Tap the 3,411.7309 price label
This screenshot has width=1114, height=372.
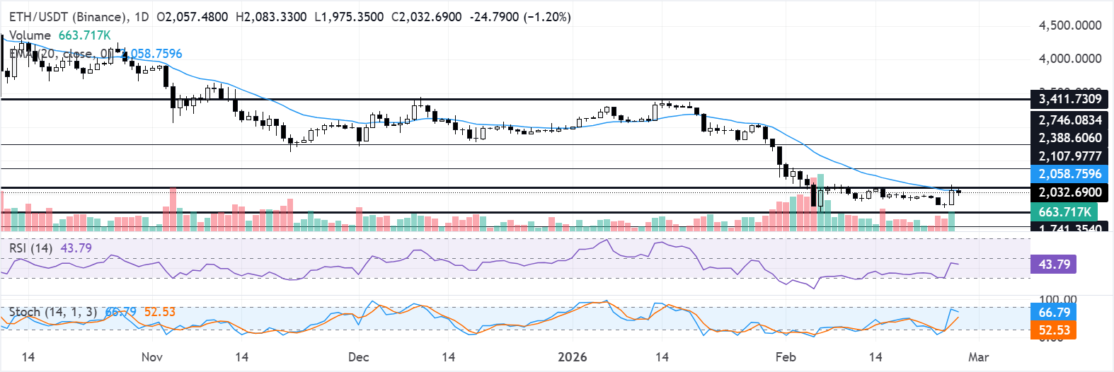coord(1069,99)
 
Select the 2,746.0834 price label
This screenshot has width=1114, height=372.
coord(1069,120)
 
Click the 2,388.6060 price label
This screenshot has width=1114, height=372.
coord(1069,138)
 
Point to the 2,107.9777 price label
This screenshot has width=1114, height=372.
coord(1069,156)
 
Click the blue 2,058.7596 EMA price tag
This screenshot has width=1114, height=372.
coord(1069,174)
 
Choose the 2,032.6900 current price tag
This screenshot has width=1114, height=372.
coord(1069,192)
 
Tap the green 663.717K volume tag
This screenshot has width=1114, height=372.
coord(1064,212)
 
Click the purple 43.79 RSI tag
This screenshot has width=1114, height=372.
coord(1054,265)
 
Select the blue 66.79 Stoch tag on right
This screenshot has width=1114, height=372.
coord(1054,313)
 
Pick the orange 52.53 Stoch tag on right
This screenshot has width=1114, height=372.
coord(1054,330)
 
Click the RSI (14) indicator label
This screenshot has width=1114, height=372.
coord(30,248)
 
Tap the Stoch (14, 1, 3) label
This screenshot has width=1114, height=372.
coord(52,312)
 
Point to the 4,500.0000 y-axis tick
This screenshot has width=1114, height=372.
coord(1069,25)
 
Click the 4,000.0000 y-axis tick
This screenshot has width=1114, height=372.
coord(1069,59)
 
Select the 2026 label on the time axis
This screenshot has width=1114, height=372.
coord(572,356)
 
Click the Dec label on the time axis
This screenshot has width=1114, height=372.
coord(359,356)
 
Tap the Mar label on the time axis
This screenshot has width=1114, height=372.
coord(978,356)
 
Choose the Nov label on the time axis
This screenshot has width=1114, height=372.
coord(152,356)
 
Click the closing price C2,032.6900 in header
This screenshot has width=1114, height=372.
coord(427,16)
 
